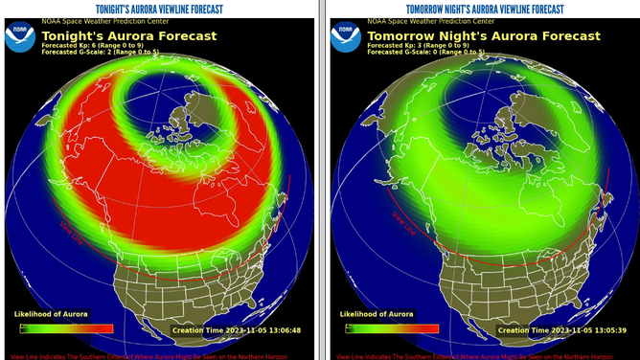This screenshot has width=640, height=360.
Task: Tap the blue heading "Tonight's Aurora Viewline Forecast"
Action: coord(159,9)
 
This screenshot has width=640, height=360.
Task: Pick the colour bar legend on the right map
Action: coord(390,328)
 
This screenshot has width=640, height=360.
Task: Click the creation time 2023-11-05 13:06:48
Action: coord(236,329)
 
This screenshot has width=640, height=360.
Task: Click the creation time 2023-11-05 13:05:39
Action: coord(562,329)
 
